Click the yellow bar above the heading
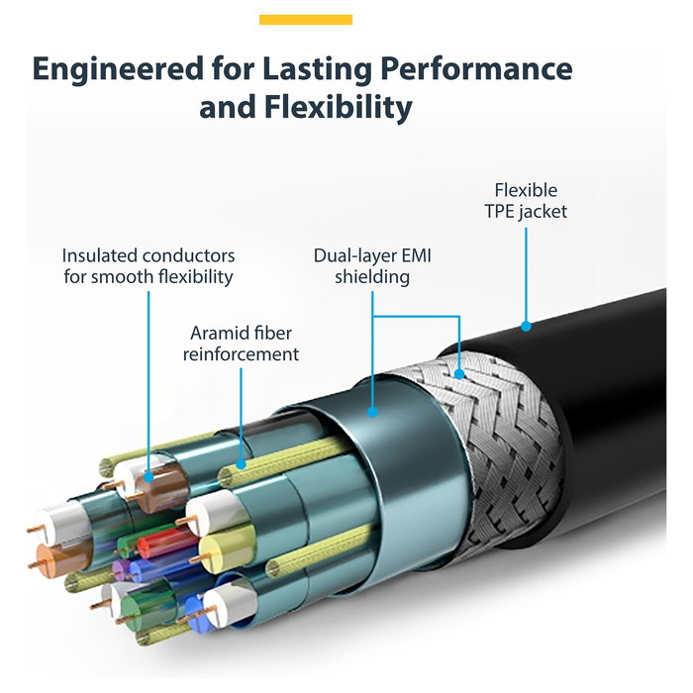(305, 20)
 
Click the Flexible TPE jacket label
(526, 200)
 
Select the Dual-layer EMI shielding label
(372, 266)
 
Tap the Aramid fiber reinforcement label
(241, 344)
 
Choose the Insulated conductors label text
(148, 266)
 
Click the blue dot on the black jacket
(527, 325)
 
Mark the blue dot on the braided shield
(460, 374)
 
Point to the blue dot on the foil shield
(372, 409)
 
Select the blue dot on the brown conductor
(148, 476)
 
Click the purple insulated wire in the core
(124, 569)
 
